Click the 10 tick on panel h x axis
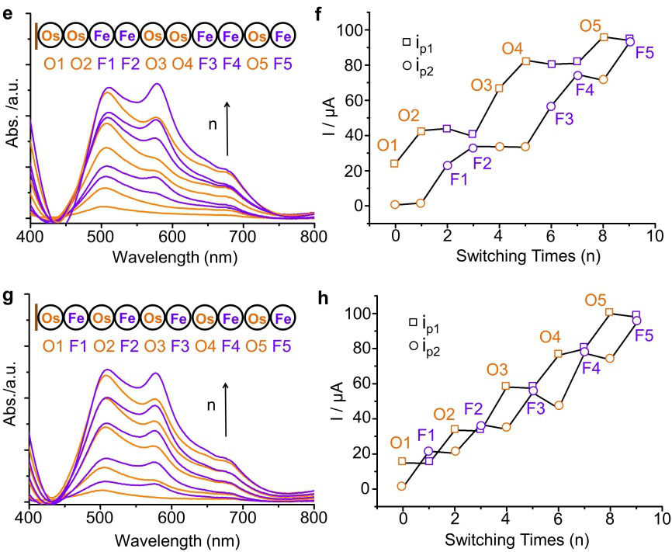pos(662,517)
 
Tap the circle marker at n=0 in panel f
pos(395,204)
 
